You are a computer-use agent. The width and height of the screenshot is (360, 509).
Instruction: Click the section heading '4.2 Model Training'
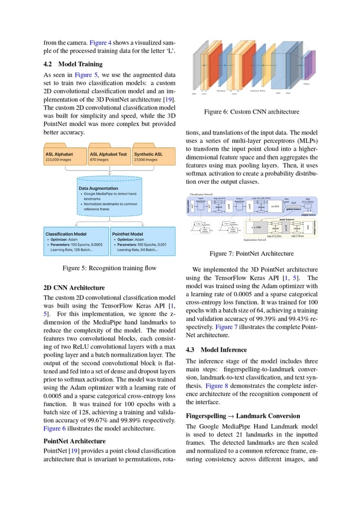tap(73, 64)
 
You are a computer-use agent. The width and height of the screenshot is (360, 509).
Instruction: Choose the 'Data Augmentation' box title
tap(98, 188)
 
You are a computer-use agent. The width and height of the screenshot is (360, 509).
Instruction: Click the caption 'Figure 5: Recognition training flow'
tap(109, 268)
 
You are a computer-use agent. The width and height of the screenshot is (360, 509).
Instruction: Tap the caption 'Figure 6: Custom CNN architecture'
tap(251, 112)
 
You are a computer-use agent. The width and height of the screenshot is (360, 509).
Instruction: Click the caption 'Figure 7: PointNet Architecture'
tap(251, 254)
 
